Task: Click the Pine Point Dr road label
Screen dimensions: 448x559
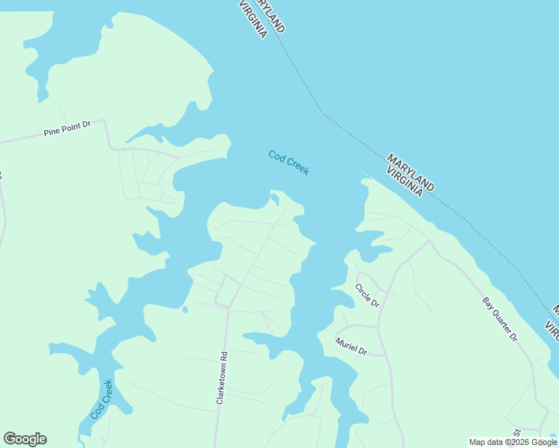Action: [x=67, y=128]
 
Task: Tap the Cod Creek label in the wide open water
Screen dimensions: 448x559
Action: [x=288, y=162]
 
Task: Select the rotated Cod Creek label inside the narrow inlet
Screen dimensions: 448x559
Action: [x=102, y=399]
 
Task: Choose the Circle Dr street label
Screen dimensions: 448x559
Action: [x=367, y=296]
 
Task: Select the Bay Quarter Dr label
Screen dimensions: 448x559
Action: [x=499, y=319]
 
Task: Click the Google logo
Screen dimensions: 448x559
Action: [x=25, y=439]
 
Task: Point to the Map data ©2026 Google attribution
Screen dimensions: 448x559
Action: [x=513, y=442]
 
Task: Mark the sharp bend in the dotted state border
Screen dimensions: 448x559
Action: [x=321, y=113]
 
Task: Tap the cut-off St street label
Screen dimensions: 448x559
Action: [x=516, y=432]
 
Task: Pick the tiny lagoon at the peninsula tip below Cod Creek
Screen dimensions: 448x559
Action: [x=275, y=199]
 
